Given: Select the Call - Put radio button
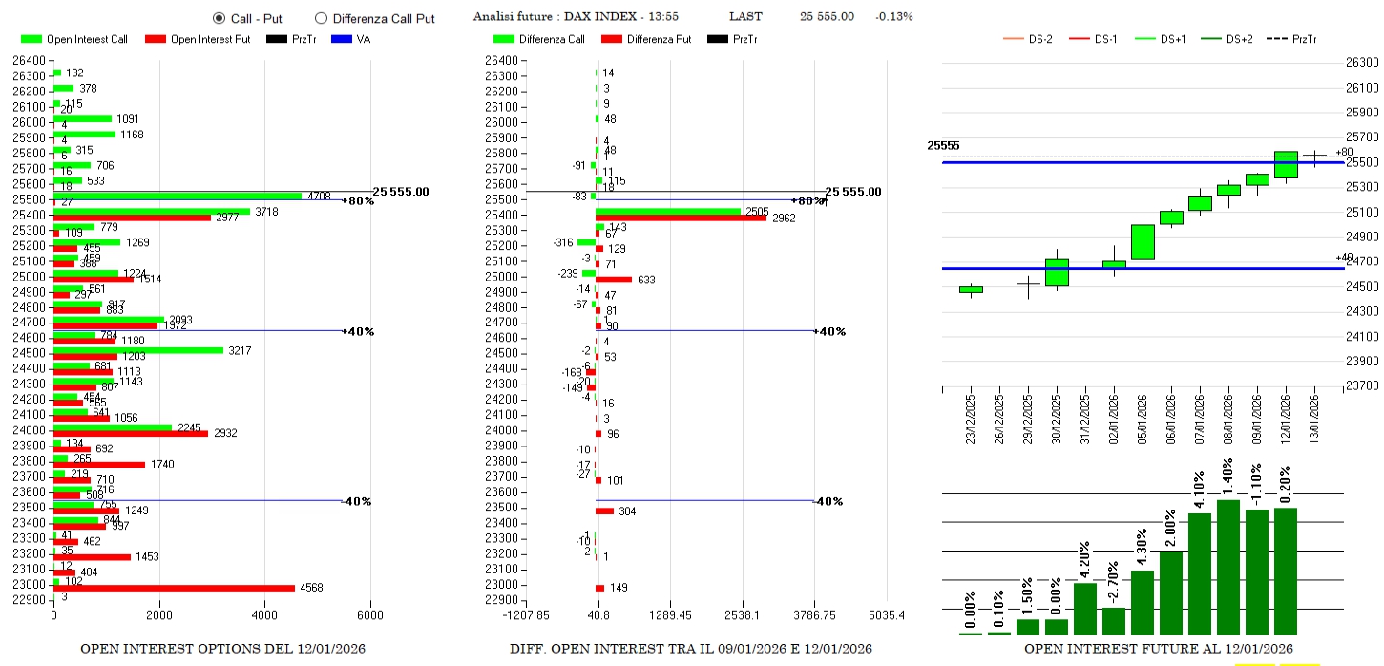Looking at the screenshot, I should (x=219, y=18).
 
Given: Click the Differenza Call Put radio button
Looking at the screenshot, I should (x=321, y=18).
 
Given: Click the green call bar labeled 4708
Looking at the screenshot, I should (x=177, y=196).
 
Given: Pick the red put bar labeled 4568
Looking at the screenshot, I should (x=174, y=588).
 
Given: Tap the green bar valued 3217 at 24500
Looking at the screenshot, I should (x=137, y=350).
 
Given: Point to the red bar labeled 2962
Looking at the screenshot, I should (x=681, y=219).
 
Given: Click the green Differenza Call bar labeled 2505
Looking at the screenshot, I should (x=668, y=211).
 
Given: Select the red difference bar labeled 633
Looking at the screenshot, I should (x=614, y=280).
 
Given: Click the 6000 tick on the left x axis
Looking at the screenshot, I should (x=370, y=615).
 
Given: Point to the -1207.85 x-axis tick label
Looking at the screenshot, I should (x=525, y=615).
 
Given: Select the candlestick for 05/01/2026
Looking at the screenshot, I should (x=1143, y=241).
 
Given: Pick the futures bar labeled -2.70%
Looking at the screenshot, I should (x=1114, y=621).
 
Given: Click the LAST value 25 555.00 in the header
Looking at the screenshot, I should (x=827, y=16).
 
